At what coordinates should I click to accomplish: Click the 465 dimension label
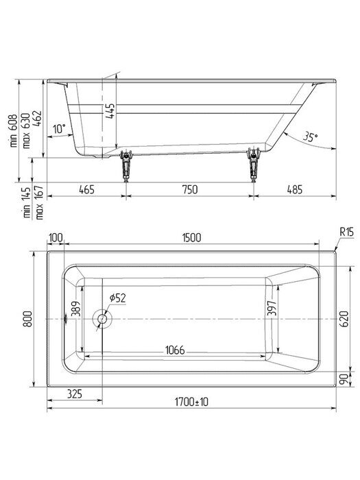point(86,189)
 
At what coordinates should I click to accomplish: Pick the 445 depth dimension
point(110,110)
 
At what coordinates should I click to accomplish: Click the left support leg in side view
point(125,165)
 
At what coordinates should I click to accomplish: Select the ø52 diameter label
point(117,298)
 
